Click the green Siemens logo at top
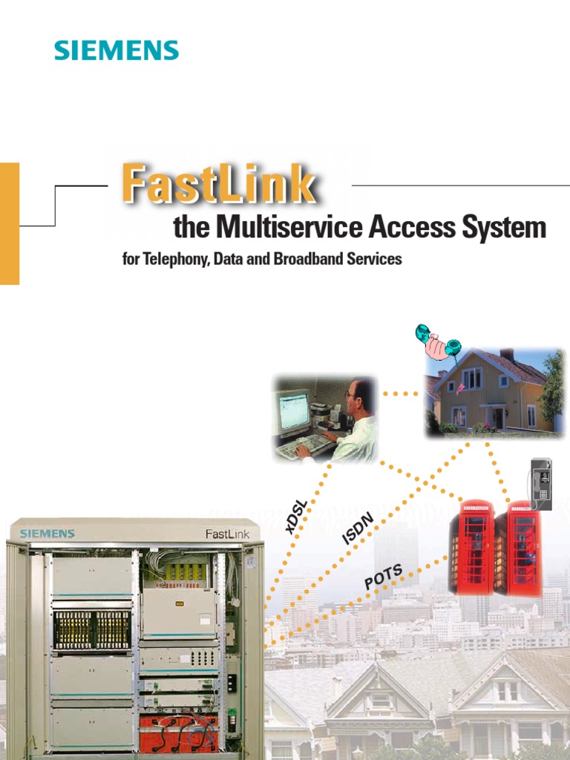click(116, 50)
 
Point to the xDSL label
click(295, 517)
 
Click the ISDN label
click(357, 528)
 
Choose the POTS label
click(384, 577)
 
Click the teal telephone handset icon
click(438, 342)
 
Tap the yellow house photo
click(494, 391)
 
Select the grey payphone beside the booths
click(541, 483)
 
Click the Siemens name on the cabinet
click(47, 533)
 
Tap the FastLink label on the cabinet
click(227, 534)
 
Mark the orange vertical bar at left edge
click(9, 223)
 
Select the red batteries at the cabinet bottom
click(178, 731)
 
